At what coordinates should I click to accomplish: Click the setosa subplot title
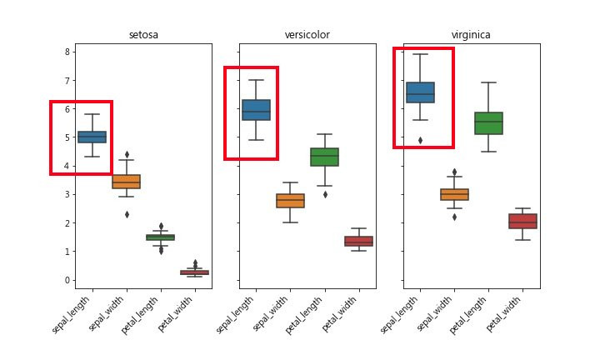(143, 35)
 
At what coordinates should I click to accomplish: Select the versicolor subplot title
(307, 35)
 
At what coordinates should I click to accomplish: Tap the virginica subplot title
(471, 35)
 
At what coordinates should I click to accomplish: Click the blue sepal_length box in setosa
(92, 137)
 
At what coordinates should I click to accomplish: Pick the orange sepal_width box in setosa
(126, 181)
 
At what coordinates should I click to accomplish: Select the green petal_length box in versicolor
(324, 157)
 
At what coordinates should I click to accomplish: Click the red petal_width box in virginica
(522, 221)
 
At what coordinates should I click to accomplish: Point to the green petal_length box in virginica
(488, 122)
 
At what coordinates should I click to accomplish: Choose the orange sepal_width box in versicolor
(290, 201)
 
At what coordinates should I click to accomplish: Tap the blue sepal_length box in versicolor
(256, 110)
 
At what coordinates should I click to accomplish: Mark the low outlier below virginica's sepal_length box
(420, 140)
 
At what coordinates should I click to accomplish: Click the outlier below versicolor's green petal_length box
(324, 194)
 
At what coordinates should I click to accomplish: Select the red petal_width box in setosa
(194, 272)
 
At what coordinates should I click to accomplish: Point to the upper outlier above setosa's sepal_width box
(126, 154)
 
